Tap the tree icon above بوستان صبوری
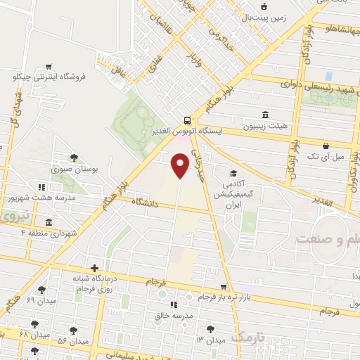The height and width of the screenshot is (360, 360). [x=75, y=158]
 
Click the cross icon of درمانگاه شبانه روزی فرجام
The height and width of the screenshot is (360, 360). [x=94, y=268]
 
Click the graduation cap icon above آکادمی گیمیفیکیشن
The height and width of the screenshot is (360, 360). [x=233, y=173]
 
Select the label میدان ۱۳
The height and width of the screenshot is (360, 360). [x=211, y=340]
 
